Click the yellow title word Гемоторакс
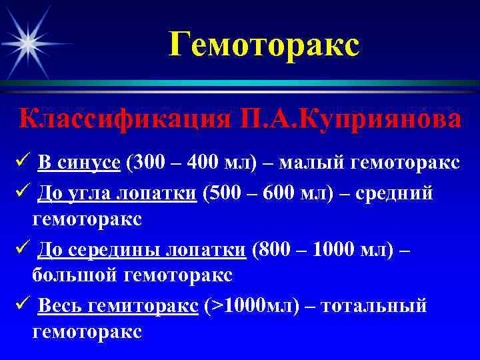263,45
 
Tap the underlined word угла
90,193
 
